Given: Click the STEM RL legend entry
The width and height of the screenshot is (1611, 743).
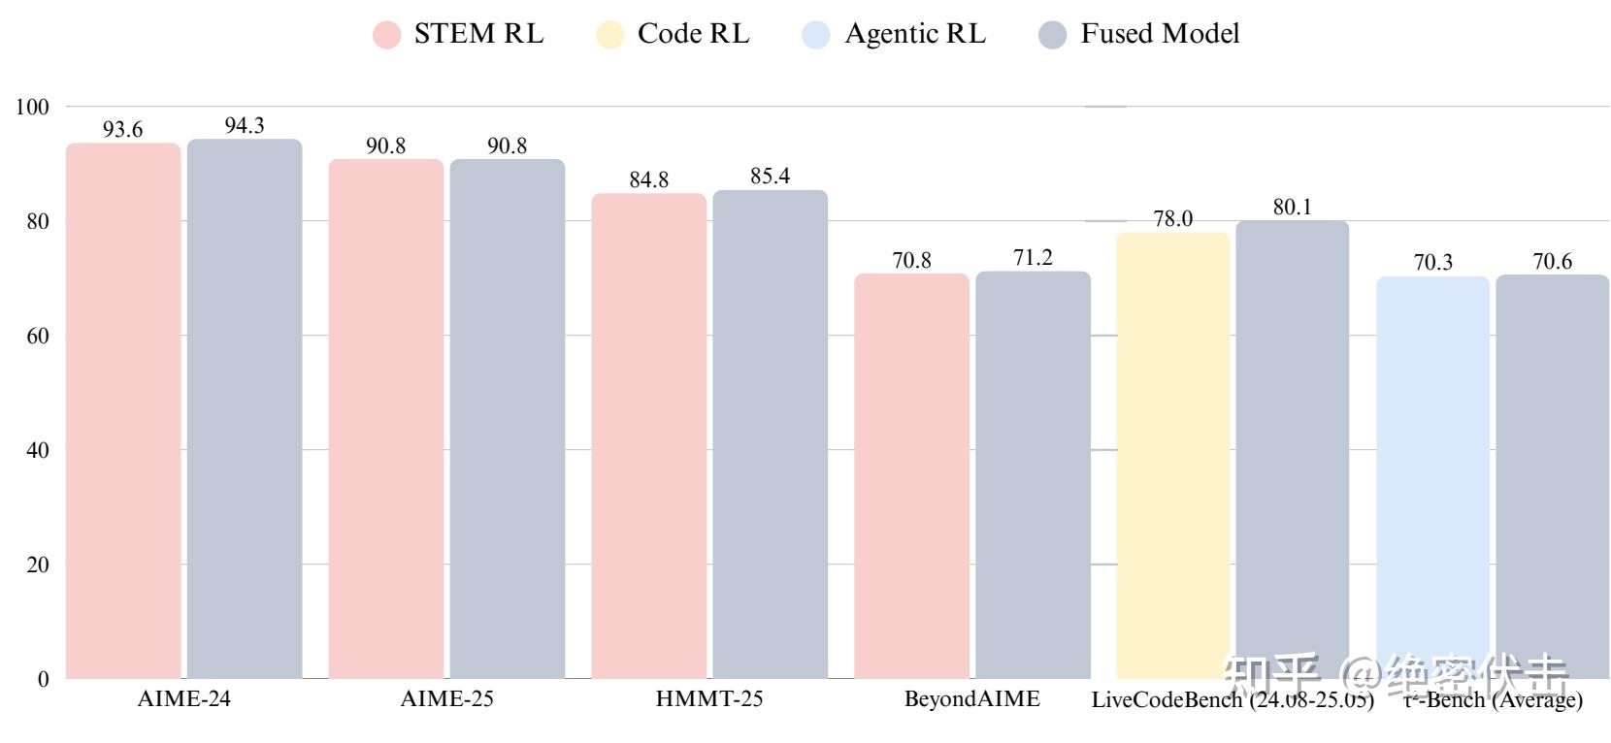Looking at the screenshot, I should pyautogui.click(x=459, y=34).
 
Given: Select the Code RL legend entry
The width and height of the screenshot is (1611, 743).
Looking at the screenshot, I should pyautogui.click(x=674, y=34).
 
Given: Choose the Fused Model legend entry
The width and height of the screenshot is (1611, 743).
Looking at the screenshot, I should pyautogui.click(x=1139, y=34).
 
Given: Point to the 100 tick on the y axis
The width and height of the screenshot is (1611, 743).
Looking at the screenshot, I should pyautogui.click(x=32, y=107).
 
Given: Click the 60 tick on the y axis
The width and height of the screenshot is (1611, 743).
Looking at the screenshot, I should pyautogui.click(x=37, y=336).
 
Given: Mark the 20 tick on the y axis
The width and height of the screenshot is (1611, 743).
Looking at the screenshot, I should pyautogui.click(x=37, y=565).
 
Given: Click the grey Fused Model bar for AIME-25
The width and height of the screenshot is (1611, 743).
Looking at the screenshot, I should pyautogui.click(x=507, y=418).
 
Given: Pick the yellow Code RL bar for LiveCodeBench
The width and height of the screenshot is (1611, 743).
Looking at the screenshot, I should pyautogui.click(x=1172, y=455).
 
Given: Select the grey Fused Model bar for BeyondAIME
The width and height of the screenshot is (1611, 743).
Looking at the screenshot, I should pyautogui.click(x=1033, y=474).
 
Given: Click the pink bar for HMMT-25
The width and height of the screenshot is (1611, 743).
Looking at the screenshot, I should pyautogui.click(x=648, y=436).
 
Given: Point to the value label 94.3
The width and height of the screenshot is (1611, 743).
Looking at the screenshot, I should pyautogui.click(x=245, y=125).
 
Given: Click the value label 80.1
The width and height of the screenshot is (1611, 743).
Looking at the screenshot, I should pyautogui.click(x=1292, y=207).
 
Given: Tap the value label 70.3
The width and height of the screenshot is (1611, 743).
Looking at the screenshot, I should pyautogui.click(x=1432, y=262).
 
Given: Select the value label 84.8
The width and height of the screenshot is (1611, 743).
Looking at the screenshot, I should pyautogui.click(x=648, y=179).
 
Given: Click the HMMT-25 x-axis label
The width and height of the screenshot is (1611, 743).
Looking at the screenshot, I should pyautogui.click(x=709, y=698).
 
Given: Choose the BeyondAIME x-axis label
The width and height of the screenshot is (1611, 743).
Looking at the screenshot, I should pyautogui.click(x=971, y=698).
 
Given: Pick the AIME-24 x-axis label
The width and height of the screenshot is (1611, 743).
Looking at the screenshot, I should pyautogui.click(x=184, y=698).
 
